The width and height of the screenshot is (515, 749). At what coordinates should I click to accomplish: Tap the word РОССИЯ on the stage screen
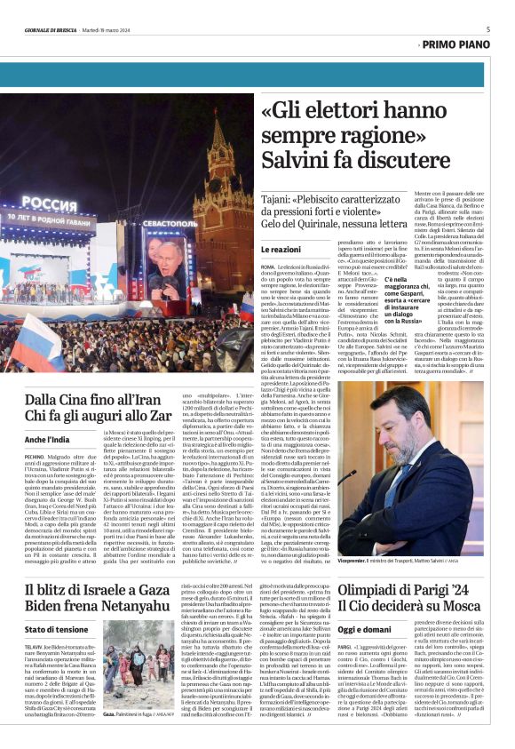[48, 203]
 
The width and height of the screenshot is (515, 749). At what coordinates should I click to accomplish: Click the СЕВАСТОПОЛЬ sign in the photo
[169, 223]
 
